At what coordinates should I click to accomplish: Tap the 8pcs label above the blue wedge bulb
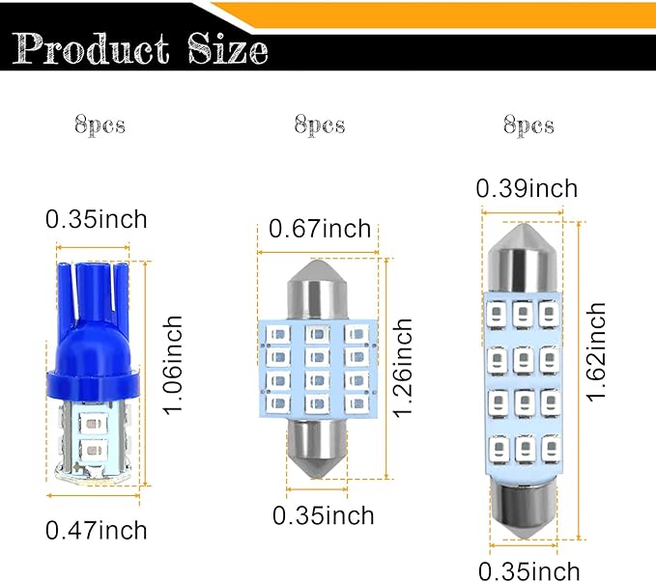pos(100,125)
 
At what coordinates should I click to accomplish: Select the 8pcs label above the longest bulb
pos(529,125)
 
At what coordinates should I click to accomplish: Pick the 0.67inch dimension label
pos(320,229)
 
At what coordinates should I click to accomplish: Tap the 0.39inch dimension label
pos(528,189)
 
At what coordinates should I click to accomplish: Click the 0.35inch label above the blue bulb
pos(97,219)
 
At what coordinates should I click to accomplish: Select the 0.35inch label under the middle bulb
pos(323,515)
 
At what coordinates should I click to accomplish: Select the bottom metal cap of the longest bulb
pos(523,507)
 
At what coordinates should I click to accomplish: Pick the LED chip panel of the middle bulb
pos(316,371)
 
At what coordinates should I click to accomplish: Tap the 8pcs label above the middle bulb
pos(320,125)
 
